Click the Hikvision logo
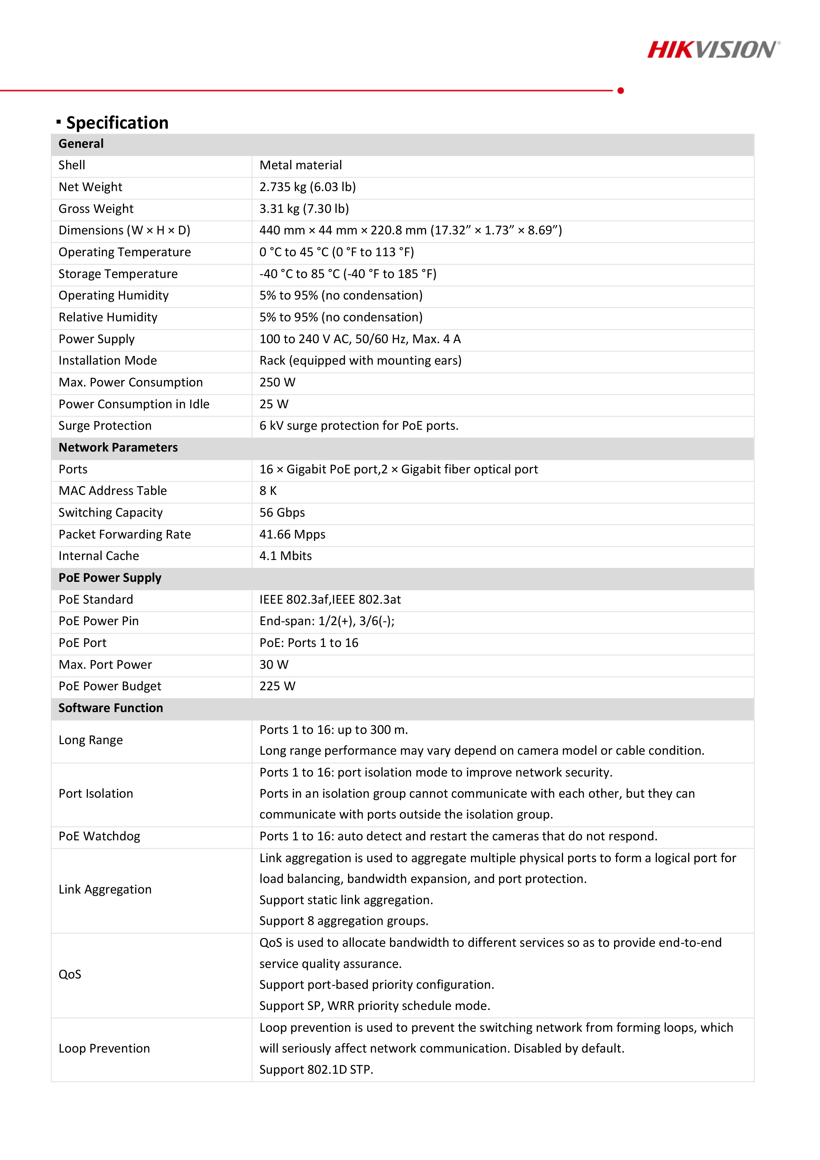click(713, 50)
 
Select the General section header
click(81, 144)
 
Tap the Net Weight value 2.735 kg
click(307, 187)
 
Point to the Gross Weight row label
click(96, 209)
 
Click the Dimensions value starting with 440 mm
click(410, 230)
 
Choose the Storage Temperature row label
click(118, 274)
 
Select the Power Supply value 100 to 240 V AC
click(360, 339)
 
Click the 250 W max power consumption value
click(277, 382)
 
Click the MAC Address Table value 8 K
click(268, 491)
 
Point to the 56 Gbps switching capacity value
click(282, 513)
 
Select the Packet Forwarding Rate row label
click(124, 535)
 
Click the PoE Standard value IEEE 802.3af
click(330, 600)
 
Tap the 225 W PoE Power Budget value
click(277, 686)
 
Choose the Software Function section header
click(111, 708)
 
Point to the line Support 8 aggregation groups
click(343, 921)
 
